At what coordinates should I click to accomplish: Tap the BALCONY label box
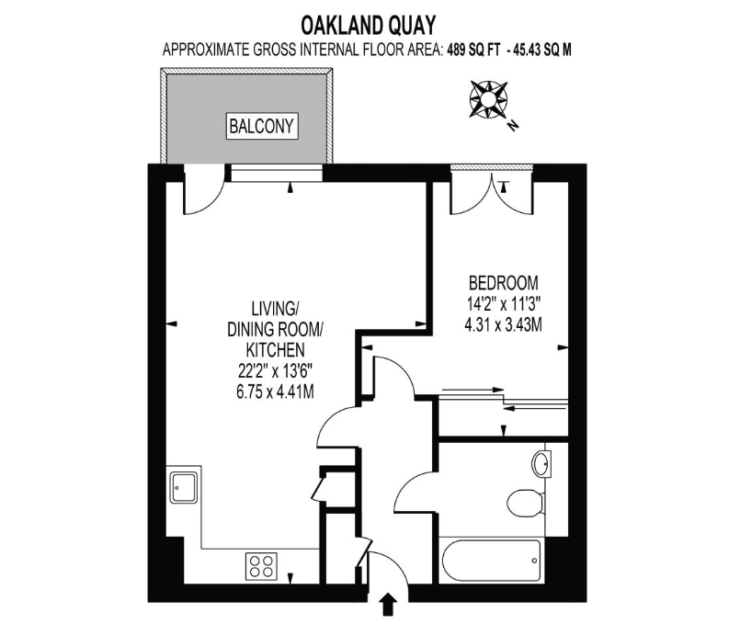click(x=263, y=125)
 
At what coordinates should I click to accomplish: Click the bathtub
click(x=490, y=556)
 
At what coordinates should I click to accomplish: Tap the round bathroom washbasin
click(x=542, y=460)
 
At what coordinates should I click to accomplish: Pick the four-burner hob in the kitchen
click(x=262, y=563)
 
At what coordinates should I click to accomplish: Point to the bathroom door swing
click(x=414, y=482)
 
